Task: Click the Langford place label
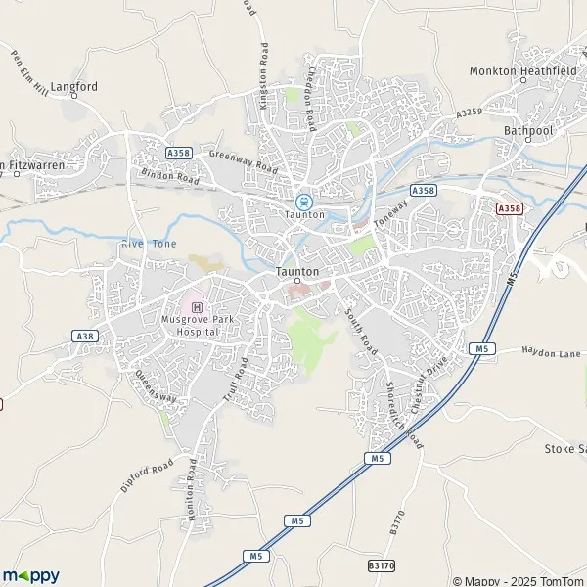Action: pyautogui.click(x=75, y=86)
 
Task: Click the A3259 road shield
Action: pyautogui.click(x=469, y=114)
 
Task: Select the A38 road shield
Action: pyautogui.click(x=84, y=336)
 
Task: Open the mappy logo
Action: pyautogui.click(x=30, y=575)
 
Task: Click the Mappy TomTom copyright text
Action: pyautogui.click(x=518, y=580)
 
